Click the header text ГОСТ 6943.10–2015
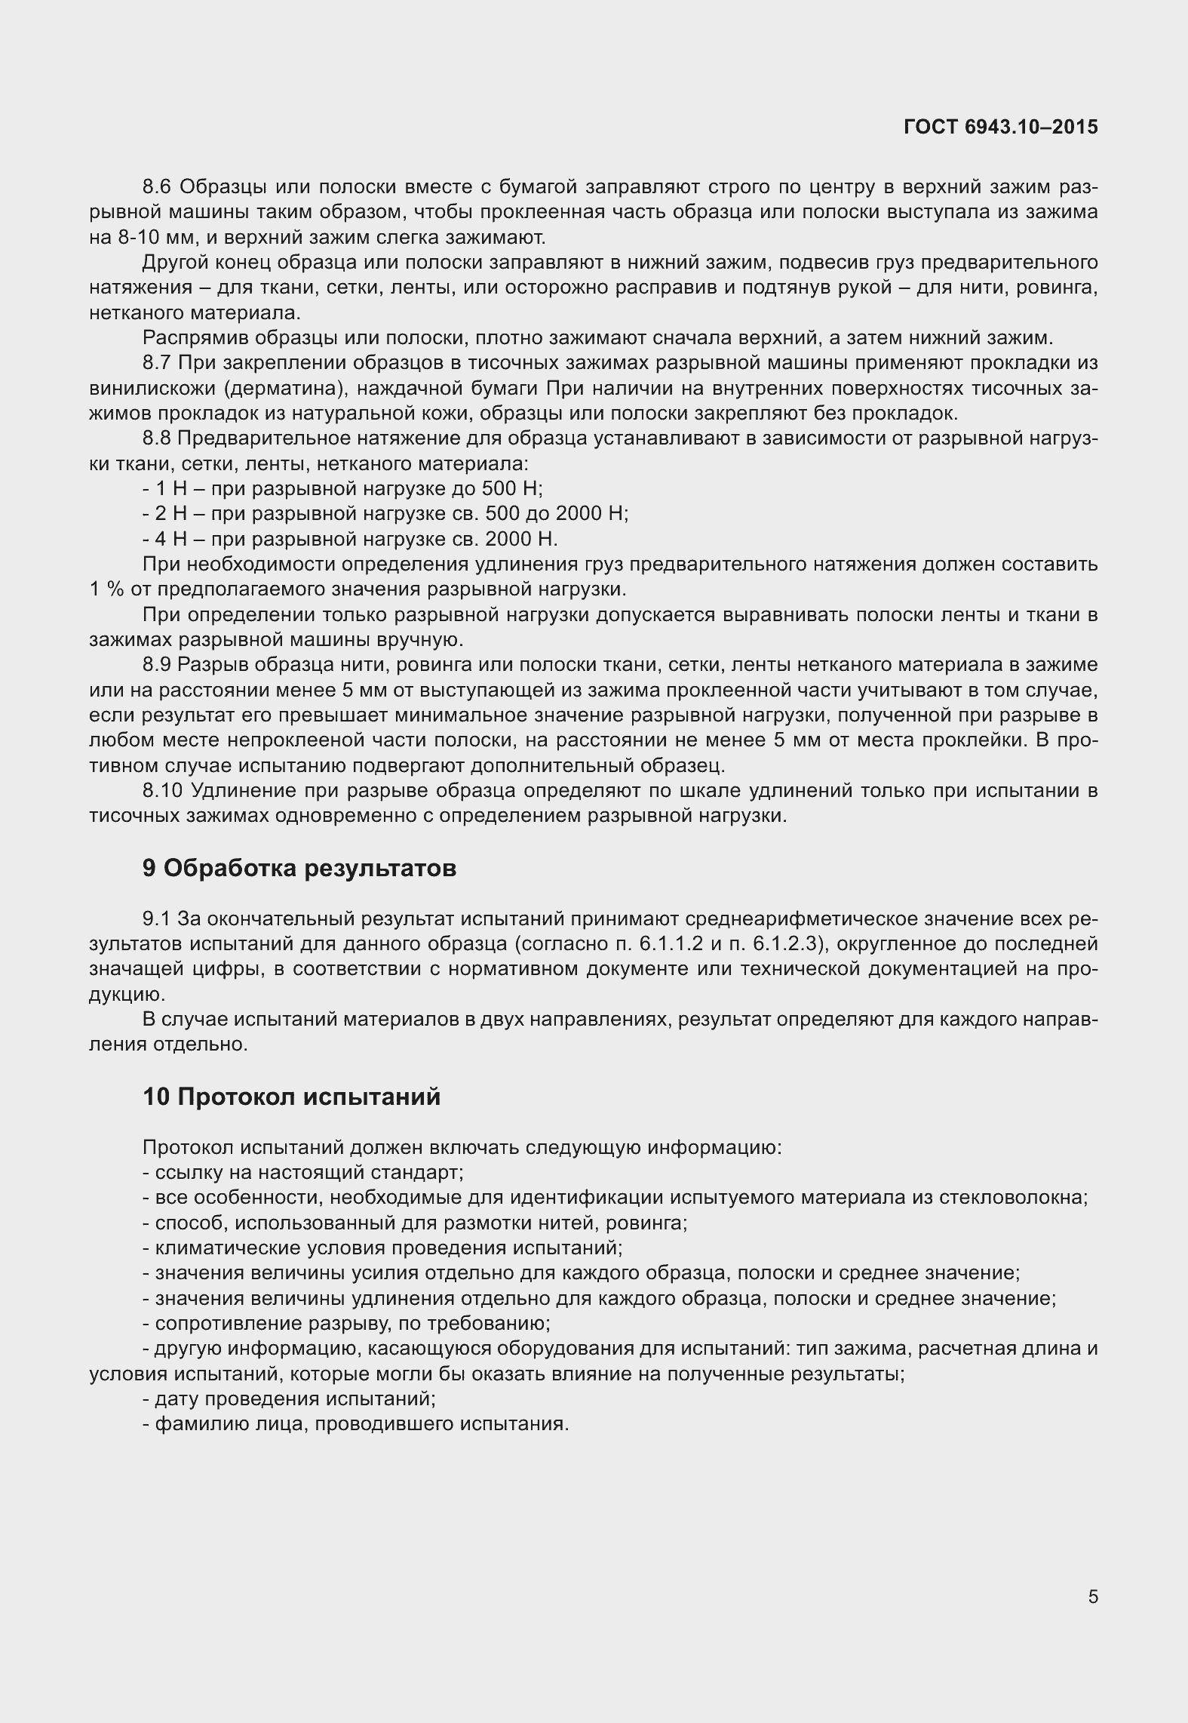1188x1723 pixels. [x=1000, y=128]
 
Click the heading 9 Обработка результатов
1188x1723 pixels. [x=299, y=869]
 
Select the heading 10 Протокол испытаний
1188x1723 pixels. [x=291, y=1097]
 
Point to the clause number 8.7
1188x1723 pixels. [x=157, y=363]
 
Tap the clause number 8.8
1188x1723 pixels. [x=157, y=438]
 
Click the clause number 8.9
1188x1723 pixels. [x=157, y=665]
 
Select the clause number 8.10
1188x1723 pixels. [x=163, y=791]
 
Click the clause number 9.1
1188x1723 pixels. [x=157, y=919]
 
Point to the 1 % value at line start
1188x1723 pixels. [x=106, y=590]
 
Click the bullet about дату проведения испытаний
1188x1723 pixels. [x=290, y=1398]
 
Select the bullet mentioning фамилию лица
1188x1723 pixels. [x=355, y=1424]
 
